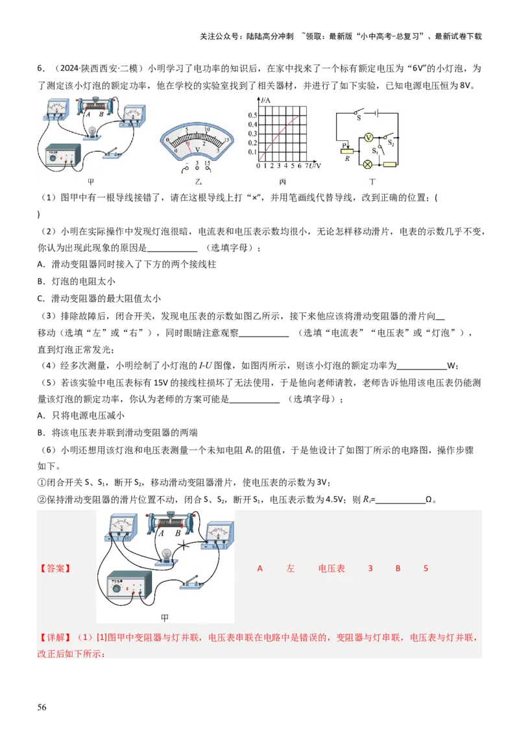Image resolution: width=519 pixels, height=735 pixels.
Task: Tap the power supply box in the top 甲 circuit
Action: pyautogui.click(x=63, y=155)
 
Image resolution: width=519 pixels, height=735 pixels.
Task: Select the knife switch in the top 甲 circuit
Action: pyautogui.click(x=112, y=153)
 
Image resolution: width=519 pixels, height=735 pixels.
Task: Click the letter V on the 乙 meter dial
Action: pyautogui.click(x=197, y=149)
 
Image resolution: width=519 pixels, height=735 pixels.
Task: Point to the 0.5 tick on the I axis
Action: pyautogui.click(x=253, y=116)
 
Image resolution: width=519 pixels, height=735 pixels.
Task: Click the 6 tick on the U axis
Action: pyautogui.click(x=300, y=166)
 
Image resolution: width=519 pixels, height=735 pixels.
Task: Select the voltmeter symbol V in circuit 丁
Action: pyautogui.click(x=368, y=138)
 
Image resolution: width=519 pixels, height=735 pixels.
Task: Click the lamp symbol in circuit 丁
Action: pyautogui.click(x=368, y=164)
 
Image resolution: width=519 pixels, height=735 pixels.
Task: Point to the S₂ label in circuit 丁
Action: pyautogui.click(x=391, y=142)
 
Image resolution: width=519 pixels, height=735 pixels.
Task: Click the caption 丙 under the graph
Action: pyautogui.click(x=282, y=182)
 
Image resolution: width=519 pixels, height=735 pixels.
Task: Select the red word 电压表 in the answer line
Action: pyautogui.click(x=332, y=569)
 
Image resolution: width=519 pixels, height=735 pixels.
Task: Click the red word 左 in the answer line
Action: pyautogui.click(x=291, y=569)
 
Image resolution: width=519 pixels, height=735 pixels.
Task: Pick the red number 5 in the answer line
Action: pyautogui.click(x=426, y=569)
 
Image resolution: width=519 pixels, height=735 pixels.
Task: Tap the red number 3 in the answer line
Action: pyautogui.click(x=370, y=569)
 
